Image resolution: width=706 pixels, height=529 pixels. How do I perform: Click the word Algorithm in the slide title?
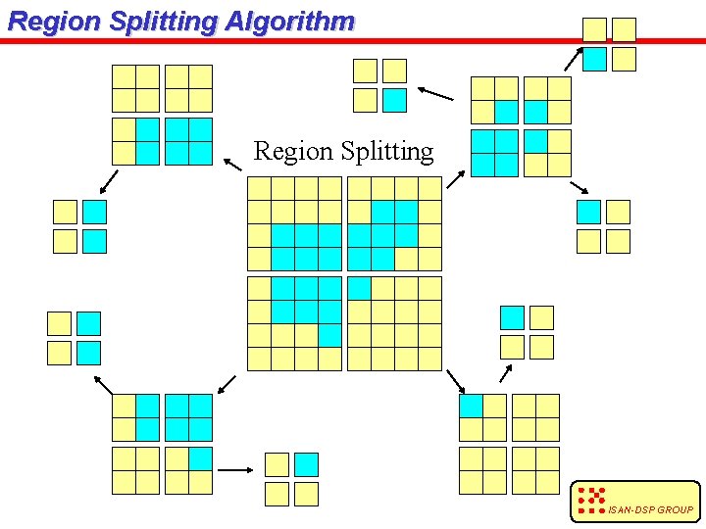[x=289, y=22]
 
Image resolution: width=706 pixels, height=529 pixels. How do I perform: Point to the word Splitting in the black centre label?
[x=386, y=151]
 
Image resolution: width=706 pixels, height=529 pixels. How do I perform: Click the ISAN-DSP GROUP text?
[x=650, y=509]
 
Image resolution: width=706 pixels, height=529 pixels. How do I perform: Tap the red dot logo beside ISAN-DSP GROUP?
[x=591, y=500]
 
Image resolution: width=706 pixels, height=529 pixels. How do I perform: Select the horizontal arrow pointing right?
[x=235, y=470]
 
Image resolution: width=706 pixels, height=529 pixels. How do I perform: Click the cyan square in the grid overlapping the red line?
[x=595, y=60]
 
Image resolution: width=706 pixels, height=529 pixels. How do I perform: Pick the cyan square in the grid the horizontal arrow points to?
[x=307, y=464]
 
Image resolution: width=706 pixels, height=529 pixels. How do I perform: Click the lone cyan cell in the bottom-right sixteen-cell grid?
[x=471, y=406]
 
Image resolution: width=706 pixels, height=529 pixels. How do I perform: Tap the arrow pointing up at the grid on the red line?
[x=574, y=58]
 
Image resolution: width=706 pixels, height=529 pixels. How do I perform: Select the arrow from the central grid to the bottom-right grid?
[x=454, y=381]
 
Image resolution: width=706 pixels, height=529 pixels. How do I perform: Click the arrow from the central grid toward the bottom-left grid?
[x=227, y=383]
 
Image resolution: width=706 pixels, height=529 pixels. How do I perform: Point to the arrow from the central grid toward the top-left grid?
[x=231, y=164]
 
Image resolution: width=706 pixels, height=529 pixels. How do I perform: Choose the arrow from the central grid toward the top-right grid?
[x=456, y=179]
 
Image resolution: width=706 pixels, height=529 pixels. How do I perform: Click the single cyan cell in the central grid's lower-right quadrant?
[x=359, y=288]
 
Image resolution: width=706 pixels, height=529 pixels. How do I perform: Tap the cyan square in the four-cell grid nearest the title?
[x=394, y=100]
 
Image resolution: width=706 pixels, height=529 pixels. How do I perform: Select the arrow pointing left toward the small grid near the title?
[x=435, y=94]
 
